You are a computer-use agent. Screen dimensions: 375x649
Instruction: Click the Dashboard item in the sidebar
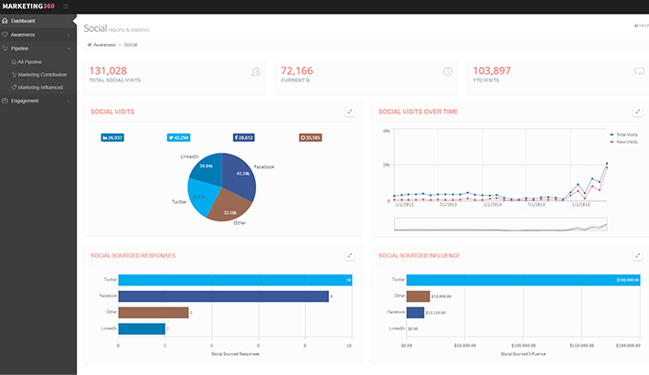click(24, 20)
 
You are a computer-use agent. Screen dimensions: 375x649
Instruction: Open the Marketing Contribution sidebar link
click(42, 74)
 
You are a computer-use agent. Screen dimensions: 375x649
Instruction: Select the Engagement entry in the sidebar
click(26, 101)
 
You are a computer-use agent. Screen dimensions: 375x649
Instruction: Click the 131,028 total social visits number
click(108, 70)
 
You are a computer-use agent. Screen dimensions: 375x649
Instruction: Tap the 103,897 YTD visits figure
click(493, 70)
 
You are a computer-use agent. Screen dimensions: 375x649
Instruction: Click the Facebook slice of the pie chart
click(238, 178)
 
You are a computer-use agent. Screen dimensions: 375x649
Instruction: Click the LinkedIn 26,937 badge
click(112, 137)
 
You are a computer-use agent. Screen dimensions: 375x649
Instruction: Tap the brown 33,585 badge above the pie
click(310, 137)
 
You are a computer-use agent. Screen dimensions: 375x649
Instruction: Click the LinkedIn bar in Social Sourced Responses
click(142, 328)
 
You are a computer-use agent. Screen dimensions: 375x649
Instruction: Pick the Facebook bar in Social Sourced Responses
click(223, 295)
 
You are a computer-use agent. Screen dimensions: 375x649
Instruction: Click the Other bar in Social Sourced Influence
click(418, 295)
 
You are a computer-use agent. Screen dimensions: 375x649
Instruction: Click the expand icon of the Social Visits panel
click(350, 112)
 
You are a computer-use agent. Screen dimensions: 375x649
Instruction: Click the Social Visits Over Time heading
click(418, 112)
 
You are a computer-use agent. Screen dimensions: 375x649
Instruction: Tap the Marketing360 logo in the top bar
click(28, 6)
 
